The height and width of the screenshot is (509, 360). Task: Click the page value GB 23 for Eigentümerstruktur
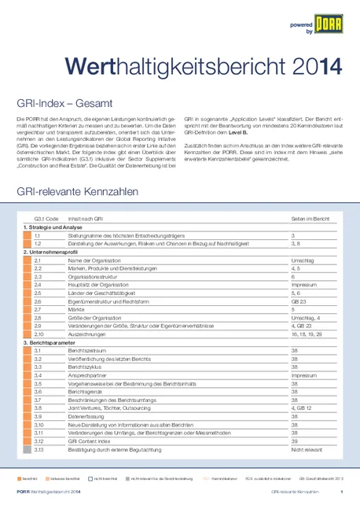297,301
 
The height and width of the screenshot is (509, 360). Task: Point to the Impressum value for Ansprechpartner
303,375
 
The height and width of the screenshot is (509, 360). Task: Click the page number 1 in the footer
342,492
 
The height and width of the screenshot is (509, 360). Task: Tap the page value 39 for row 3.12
294,441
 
